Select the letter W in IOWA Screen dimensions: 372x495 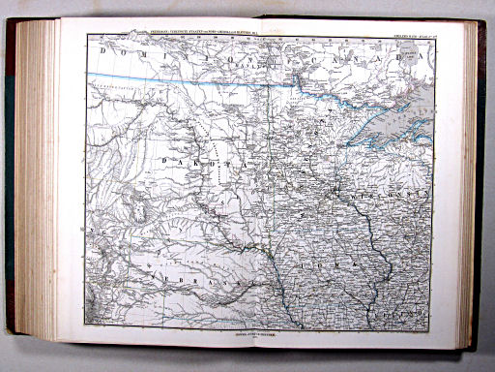click(x=338, y=263)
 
